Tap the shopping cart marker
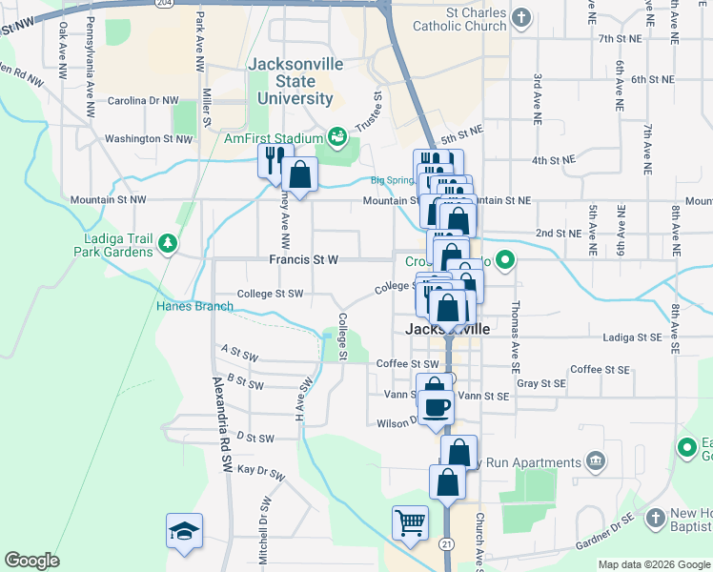409,522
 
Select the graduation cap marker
184,530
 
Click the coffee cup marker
436,407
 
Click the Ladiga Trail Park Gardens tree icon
168,242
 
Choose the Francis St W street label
304,259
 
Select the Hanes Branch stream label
194,306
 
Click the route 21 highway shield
447,543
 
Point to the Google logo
31,561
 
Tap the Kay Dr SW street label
260,472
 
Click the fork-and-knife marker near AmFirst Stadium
271,158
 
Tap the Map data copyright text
653,563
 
